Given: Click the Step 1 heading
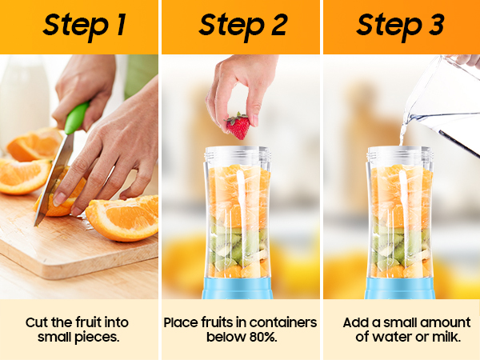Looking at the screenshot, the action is [x=85, y=26].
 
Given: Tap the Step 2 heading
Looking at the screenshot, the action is [x=243, y=26].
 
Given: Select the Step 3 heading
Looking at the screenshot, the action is [x=401, y=26].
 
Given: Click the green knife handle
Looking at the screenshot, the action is [x=76, y=118].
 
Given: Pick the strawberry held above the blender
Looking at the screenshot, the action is [x=238, y=126].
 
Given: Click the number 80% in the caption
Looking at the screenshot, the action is [x=263, y=337].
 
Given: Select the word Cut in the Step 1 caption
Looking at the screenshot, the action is [x=37, y=322].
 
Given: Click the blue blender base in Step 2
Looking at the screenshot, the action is [x=238, y=288].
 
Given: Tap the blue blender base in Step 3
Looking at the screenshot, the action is [x=399, y=288].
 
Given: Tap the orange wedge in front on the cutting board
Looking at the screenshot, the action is [x=122, y=218].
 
